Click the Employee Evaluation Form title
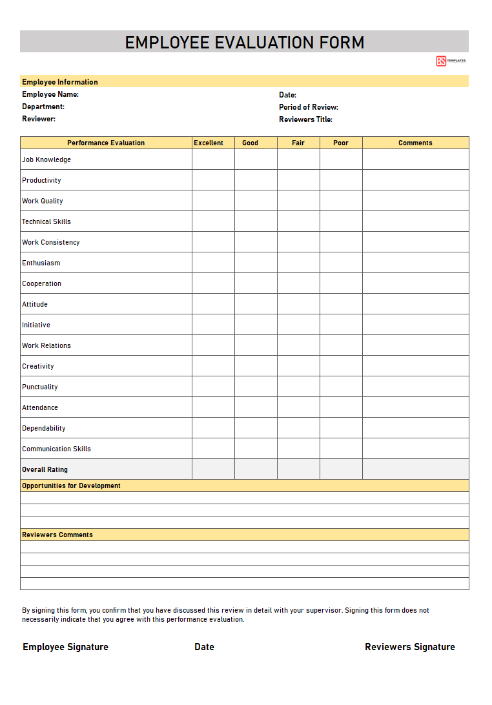point(245,43)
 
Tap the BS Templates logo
point(450,61)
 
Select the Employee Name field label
point(50,94)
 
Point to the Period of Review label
point(309,107)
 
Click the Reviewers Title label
point(305,119)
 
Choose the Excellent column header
point(209,143)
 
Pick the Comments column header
point(415,143)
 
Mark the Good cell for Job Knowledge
point(256,159)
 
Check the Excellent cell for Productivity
point(213,180)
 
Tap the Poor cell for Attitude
point(341,304)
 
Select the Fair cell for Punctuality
point(298,387)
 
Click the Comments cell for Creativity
point(415,366)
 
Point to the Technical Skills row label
point(46,221)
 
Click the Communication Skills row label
point(57,449)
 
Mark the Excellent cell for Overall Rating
point(213,469)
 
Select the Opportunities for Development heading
point(71,485)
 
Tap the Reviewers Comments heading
point(57,535)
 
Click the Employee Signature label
point(65,647)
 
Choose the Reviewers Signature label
point(409,647)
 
